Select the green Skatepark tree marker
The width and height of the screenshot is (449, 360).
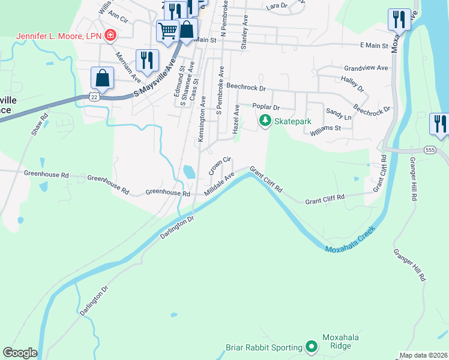(x=265, y=121)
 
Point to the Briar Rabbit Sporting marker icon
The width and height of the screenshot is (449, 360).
(x=312, y=347)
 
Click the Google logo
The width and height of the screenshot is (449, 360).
(x=20, y=353)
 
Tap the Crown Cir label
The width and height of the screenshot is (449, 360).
(x=220, y=166)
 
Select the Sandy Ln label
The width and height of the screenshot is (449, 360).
(x=338, y=114)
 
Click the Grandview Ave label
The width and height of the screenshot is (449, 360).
(x=366, y=68)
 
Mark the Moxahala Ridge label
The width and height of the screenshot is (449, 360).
(x=340, y=341)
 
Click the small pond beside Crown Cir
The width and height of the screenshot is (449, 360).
(x=189, y=172)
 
